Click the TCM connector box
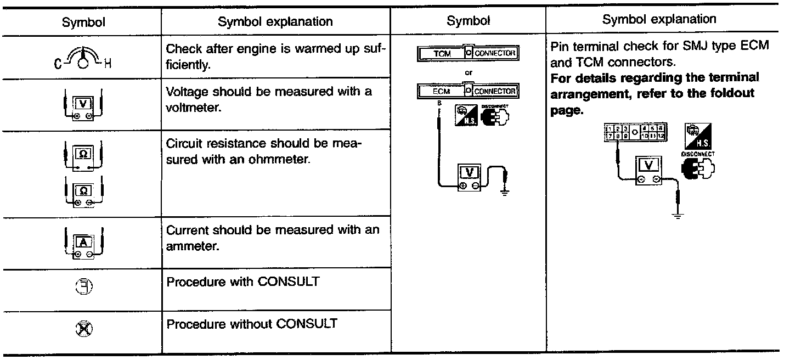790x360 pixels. (469, 54)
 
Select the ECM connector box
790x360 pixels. (469, 91)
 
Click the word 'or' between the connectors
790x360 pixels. (468, 72)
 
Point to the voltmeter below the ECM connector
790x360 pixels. (469, 177)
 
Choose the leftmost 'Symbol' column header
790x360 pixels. (83, 22)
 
